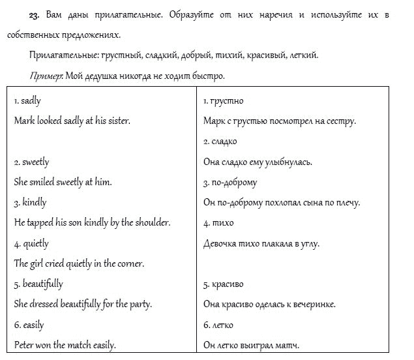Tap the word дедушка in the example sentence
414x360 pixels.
click(100, 76)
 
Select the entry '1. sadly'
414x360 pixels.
click(27, 101)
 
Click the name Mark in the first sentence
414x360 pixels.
click(23, 121)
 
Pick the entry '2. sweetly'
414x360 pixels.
click(31, 162)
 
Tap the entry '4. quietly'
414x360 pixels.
click(31, 243)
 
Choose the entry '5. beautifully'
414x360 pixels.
click(38, 284)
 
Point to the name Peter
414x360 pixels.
click(25, 345)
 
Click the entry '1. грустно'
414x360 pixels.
click(223, 101)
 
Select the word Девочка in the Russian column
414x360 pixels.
click(222, 243)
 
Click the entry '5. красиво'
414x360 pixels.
click(225, 284)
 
